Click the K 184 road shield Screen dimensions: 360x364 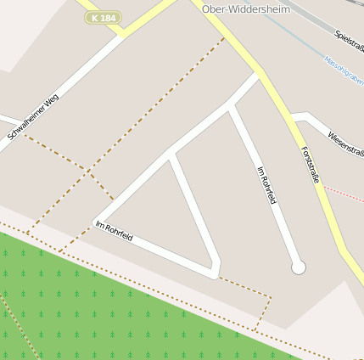[x=104, y=18]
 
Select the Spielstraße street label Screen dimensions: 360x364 [x=350, y=40]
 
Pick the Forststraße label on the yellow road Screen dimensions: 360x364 [x=310, y=165]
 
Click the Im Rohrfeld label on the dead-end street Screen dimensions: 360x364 [x=266, y=184]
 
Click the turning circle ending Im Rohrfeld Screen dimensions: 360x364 [x=298, y=267]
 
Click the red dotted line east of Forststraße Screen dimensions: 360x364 [x=344, y=194]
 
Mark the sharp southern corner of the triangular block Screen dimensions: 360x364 [x=216, y=273]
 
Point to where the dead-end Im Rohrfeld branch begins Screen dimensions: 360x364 [x=230, y=105]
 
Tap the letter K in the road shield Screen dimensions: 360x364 [x=96, y=18]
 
